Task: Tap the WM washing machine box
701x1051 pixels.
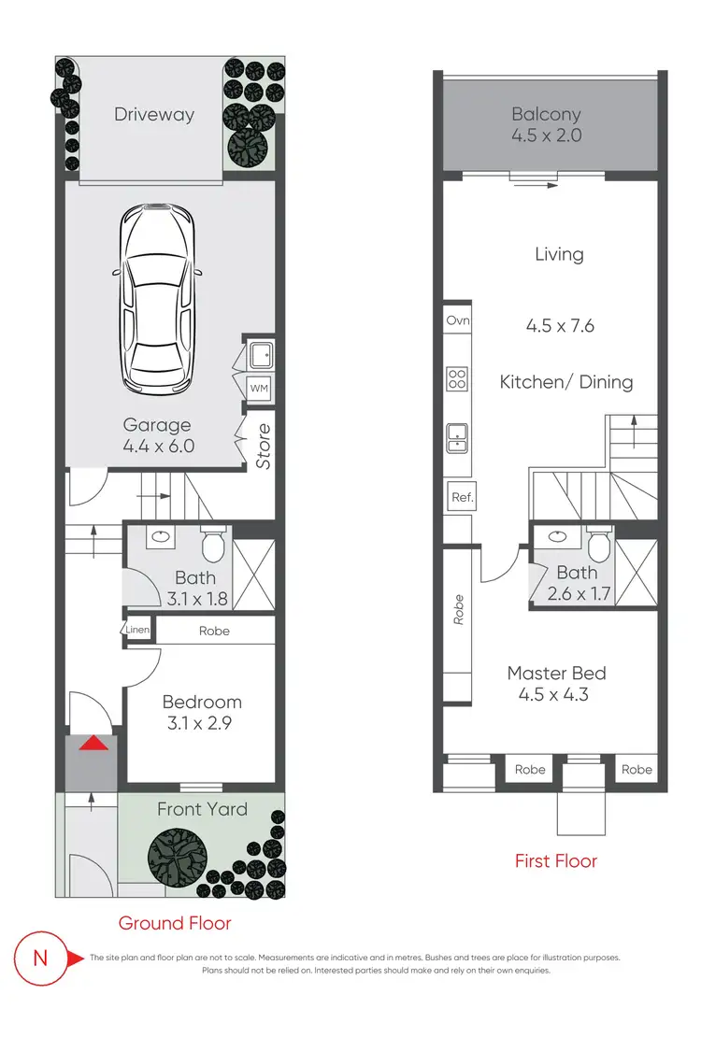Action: point(259,388)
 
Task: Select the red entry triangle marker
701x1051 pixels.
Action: point(91,744)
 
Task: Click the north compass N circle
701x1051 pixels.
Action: point(40,958)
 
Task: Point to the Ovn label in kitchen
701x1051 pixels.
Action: point(458,320)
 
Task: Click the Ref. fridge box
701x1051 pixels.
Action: point(462,498)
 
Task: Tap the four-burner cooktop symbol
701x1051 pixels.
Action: point(458,378)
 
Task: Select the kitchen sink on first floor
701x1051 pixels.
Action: point(458,436)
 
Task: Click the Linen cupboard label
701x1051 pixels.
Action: point(137,631)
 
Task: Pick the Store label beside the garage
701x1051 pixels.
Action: point(264,446)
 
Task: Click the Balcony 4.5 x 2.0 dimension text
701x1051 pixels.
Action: point(547,135)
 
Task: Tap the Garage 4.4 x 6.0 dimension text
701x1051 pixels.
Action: point(158,446)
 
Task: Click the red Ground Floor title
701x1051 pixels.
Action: point(175,923)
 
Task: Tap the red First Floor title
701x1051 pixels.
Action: point(555,860)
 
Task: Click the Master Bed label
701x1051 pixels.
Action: point(556,673)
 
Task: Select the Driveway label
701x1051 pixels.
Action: point(154,115)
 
